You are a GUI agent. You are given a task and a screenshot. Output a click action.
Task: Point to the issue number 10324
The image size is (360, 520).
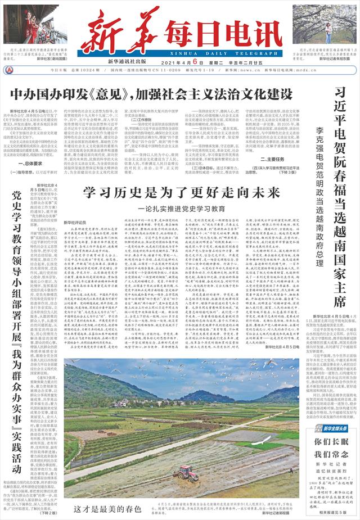coord(91,71)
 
